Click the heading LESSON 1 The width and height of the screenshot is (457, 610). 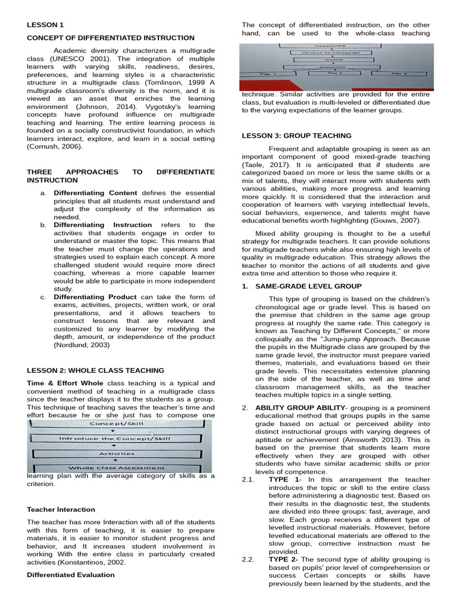[45, 25]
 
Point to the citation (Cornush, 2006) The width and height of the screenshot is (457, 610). [55, 146]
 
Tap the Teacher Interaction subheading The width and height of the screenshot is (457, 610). [61, 509]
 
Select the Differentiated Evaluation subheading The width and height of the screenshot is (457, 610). [71, 575]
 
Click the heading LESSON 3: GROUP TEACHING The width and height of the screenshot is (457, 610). [296, 136]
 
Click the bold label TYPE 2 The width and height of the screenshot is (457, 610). [283, 559]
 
